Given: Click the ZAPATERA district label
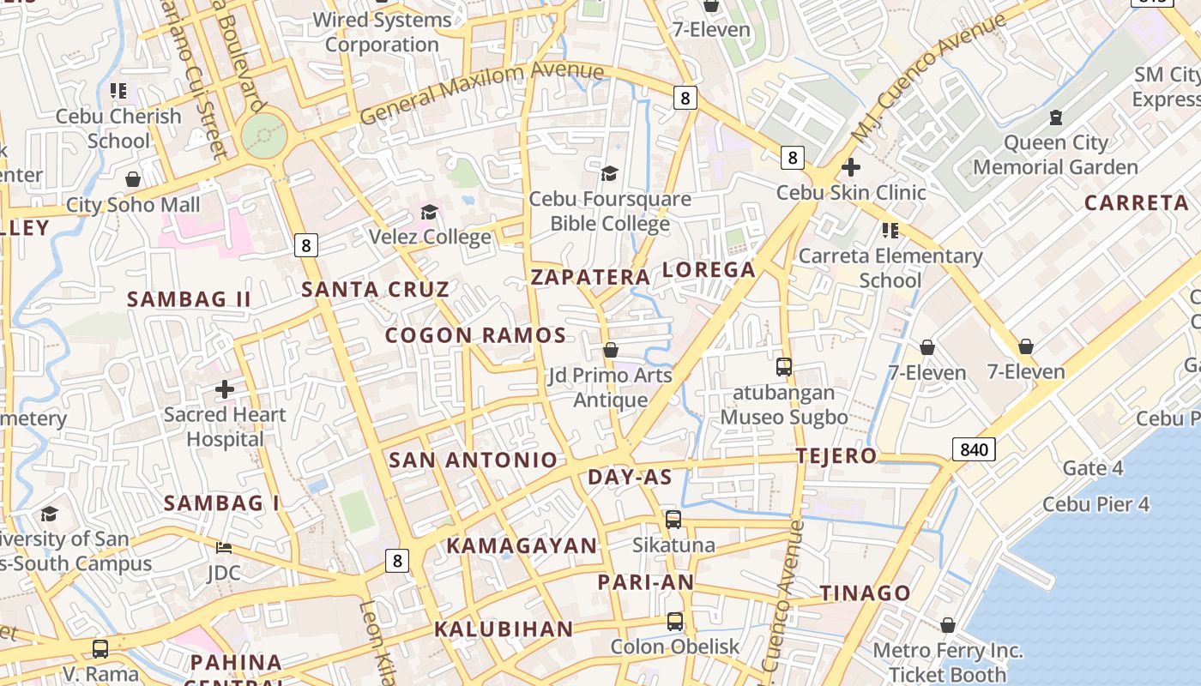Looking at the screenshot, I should coord(590,277).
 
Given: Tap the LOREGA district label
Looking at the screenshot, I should coord(709,270).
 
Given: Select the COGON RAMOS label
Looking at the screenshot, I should coord(475,335).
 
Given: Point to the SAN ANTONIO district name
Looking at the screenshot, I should coord(474,460).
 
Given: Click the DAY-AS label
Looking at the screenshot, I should coord(630,478).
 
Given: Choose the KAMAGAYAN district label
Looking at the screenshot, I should coord(522,546).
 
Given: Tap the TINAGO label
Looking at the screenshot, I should coord(865,593).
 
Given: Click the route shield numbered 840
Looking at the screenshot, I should coord(973,448).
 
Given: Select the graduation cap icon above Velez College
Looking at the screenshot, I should coord(429,212).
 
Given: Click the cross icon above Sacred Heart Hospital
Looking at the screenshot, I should coord(225,389).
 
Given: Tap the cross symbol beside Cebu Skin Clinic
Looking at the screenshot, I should coord(850,167).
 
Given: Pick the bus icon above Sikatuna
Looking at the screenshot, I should coord(673,520).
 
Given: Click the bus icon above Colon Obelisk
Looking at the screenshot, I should coord(675,622).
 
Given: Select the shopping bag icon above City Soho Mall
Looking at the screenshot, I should coord(133,179).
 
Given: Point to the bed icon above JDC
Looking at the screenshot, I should coord(224,547).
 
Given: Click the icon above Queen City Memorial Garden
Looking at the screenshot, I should coord(1055,117).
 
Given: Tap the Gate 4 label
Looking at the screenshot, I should coord(1092,468).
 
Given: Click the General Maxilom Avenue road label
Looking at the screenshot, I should coord(481,93).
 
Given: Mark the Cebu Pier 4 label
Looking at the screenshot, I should coord(1095,504).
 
